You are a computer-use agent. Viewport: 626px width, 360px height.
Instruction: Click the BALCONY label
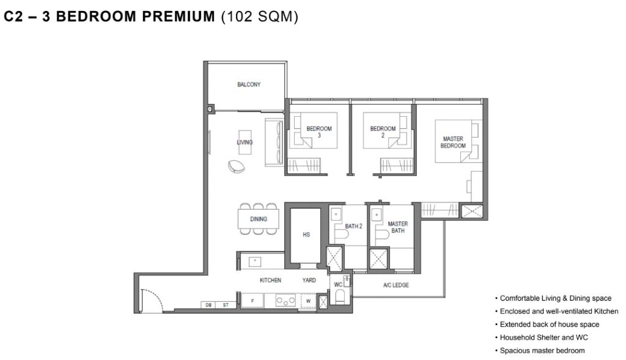click(x=249, y=84)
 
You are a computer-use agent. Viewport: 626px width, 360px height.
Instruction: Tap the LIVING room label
click(x=245, y=142)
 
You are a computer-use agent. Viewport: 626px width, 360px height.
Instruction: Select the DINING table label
click(x=259, y=219)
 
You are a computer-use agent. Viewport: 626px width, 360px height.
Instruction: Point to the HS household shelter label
click(x=306, y=235)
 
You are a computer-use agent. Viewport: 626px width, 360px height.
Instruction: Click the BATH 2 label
click(x=353, y=226)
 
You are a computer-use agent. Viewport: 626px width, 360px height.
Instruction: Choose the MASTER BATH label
click(x=398, y=227)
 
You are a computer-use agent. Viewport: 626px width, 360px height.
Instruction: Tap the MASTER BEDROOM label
click(x=453, y=142)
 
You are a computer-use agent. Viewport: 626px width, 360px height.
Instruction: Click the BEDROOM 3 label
click(x=319, y=131)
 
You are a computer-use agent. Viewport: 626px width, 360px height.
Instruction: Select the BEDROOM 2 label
click(x=383, y=131)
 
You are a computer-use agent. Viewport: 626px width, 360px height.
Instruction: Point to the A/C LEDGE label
click(x=396, y=285)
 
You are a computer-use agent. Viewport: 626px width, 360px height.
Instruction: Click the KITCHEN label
click(x=270, y=280)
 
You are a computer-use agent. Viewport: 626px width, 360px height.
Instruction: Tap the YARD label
click(x=309, y=280)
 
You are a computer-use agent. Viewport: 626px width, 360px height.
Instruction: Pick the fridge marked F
click(x=252, y=301)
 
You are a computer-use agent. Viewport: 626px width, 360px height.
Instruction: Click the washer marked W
click(x=308, y=301)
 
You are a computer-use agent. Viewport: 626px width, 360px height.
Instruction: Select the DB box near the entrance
click(x=208, y=305)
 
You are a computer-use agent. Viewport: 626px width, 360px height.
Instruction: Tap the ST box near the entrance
click(x=226, y=305)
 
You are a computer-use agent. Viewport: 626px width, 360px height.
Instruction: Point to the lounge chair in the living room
click(x=237, y=166)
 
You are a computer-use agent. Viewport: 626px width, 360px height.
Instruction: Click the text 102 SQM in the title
click(x=259, y=17)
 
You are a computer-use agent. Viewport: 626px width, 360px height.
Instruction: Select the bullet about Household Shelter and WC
click(x=542, y=337)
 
